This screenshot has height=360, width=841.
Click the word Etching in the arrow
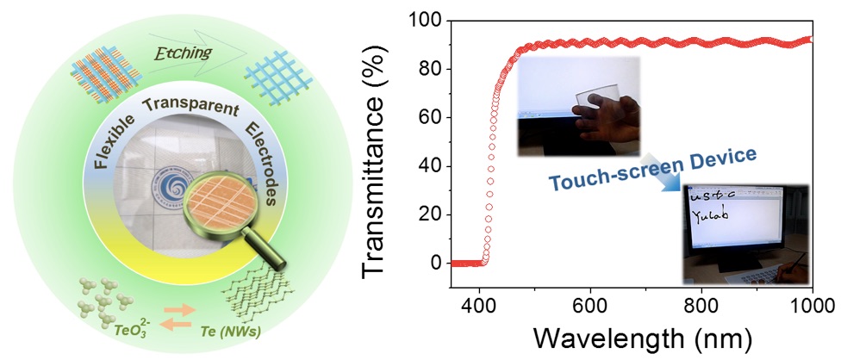click(180, 55)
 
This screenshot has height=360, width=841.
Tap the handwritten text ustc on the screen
click(708, 197)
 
